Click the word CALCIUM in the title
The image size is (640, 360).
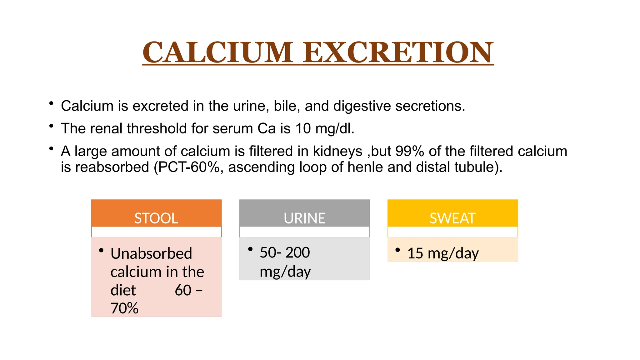tap(218, 52)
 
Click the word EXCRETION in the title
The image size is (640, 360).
tap(398, 52)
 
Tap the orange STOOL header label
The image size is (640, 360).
tap(156, 218)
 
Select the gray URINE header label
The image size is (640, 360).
tap(304, 218)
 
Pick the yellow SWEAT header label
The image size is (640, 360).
tap(452, 218)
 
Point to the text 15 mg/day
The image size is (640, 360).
tap(443, 253)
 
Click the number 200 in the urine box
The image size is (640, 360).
tap(297, 252)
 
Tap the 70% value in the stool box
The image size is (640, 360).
tap(124, 308)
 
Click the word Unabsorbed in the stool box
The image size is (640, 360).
tap(151, 253)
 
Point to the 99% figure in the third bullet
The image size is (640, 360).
tap(410, 151)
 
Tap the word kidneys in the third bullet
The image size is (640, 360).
tap(337, 152)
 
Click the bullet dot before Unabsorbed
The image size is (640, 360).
tap(101, 250)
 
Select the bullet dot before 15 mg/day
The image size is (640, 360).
tap(397, 250)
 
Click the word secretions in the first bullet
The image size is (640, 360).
tap(430, 106)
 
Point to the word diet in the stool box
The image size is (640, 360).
tap(123, 290)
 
